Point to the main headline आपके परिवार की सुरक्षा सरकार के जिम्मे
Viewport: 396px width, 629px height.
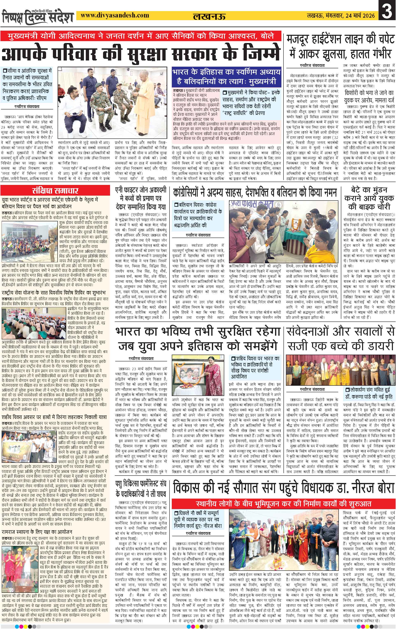click(141, 54)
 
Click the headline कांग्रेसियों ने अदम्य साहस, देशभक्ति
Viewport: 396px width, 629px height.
click(255, 193)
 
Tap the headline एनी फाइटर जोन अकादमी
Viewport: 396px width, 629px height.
click(141, 198)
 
